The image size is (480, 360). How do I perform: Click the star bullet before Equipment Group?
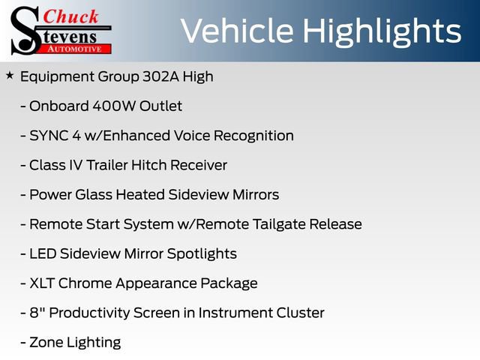click(x=9, y=76)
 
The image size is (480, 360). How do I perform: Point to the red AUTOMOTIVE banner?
click(x=79, y=49)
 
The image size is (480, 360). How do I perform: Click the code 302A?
click(x=156, y=76)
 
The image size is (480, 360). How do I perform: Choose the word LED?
click(x=42, y=253)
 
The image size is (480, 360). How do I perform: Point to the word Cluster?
click(x=299, y=313)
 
